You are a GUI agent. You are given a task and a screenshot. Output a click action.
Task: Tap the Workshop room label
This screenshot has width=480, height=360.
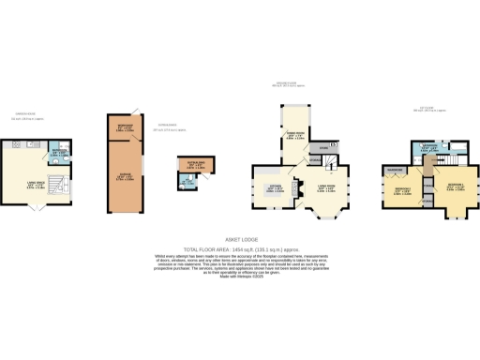click(x=124, y=128)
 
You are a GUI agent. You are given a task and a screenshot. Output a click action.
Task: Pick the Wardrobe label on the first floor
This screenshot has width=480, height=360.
click(x=393, y=170)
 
